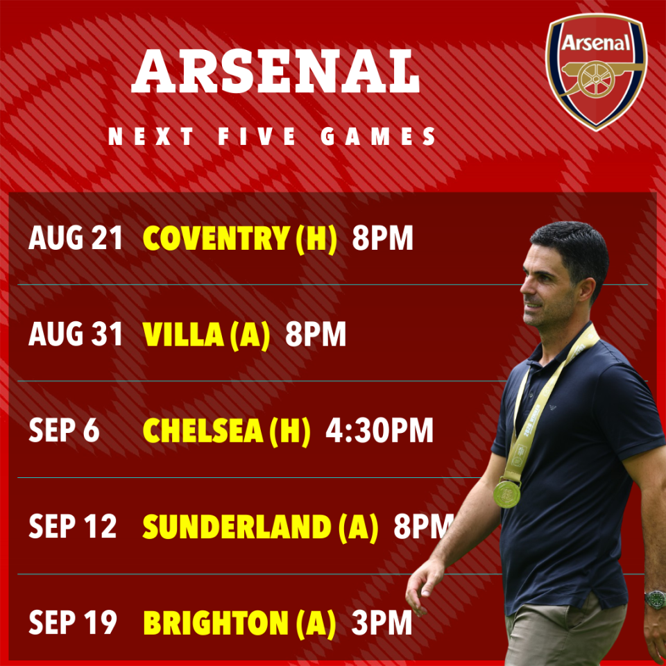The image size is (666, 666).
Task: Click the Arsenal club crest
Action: point(597,71)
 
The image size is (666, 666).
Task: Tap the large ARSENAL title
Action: point(275,71)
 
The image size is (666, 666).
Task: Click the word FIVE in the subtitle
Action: point(257,137)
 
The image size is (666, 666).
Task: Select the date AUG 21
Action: point(76,238)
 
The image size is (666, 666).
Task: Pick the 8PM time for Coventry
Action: point(382,238)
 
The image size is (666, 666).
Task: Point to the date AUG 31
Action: point(76,334)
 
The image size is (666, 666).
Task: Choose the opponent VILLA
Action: point(183,334)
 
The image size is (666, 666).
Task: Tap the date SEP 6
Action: point(64,430)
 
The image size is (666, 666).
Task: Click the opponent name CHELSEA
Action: point(203,430)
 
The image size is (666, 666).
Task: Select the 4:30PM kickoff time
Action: point(379,430)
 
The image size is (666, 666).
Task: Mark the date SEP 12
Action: point(73,527)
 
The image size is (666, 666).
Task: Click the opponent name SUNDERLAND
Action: point(237,527)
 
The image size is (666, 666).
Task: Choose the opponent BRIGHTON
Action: point(216,623)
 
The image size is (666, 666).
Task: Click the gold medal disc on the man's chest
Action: point(506,494)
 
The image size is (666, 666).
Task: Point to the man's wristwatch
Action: point(654,599)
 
